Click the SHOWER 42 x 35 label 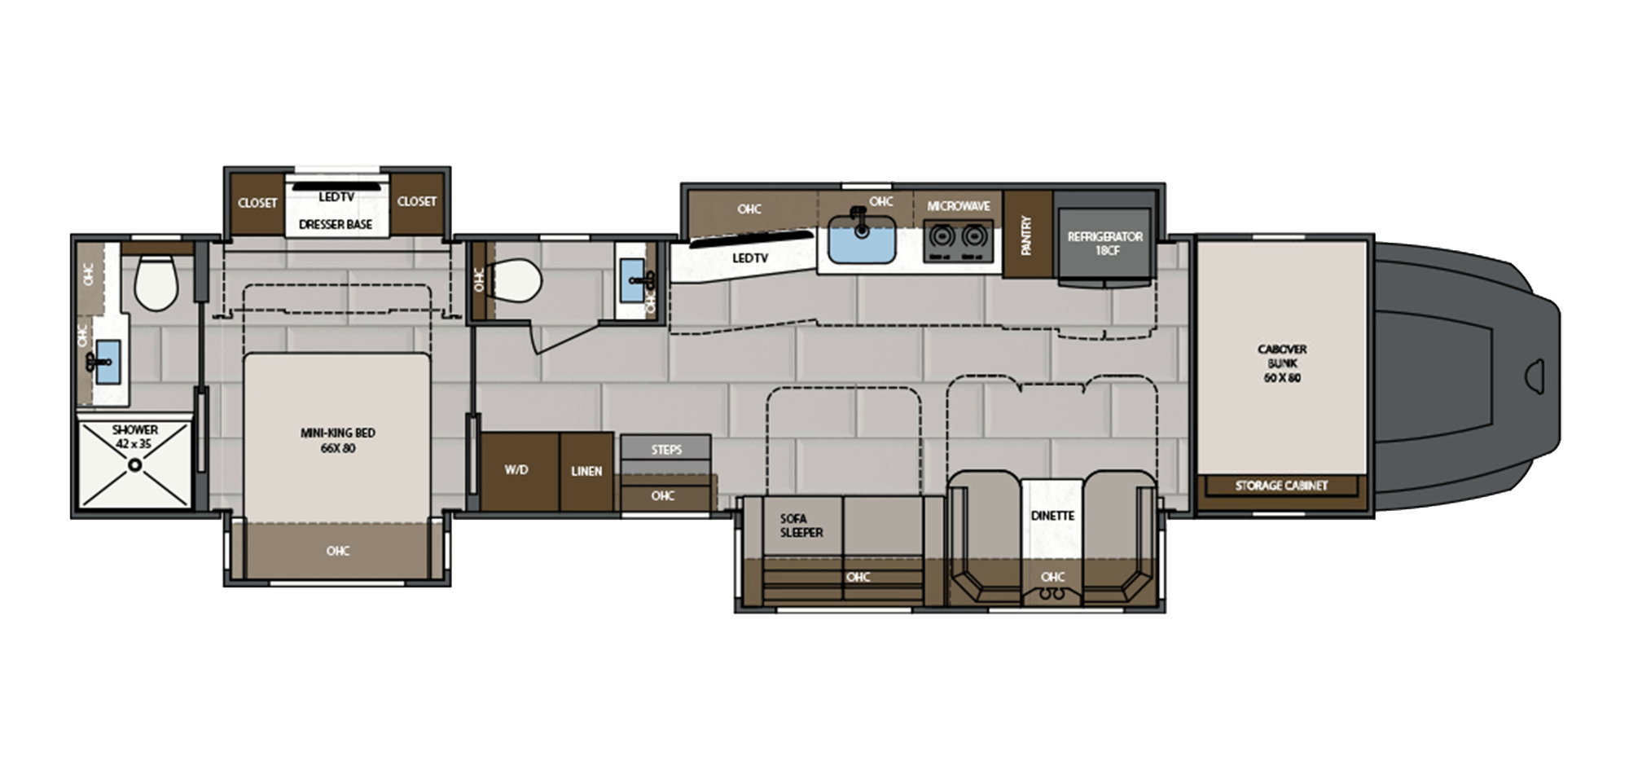135,436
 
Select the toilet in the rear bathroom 155,283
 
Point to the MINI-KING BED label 337,440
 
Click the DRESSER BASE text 335,224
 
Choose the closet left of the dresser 257,202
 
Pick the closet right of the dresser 416,201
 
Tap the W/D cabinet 516,470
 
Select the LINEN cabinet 586,471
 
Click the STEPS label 665,449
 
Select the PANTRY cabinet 1026,235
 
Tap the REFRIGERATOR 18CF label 1105,243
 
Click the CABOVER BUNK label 1281,363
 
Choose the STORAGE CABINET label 1281,486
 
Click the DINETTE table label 1052,516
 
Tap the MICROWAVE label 958,206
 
